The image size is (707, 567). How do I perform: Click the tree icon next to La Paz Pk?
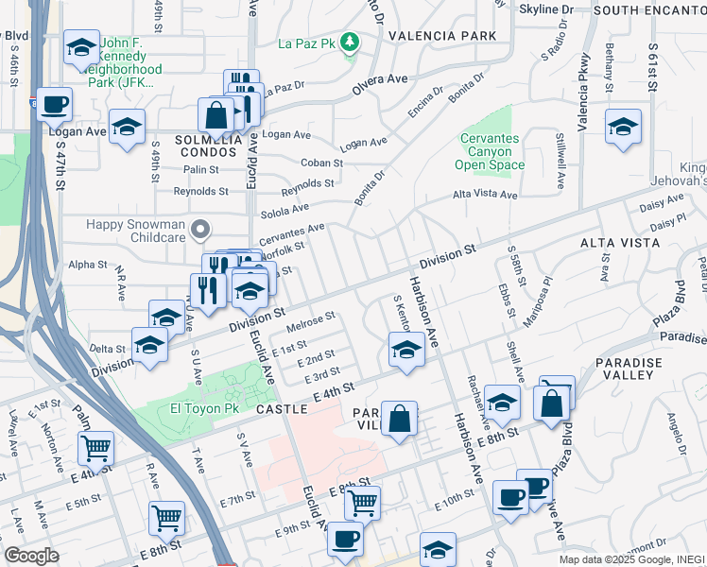(x=350, y=42)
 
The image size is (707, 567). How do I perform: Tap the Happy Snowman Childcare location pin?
(x=200, y=229)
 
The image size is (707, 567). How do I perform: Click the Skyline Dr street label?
(x=546, y=9)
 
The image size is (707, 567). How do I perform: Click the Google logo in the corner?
(x=31, y=556)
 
